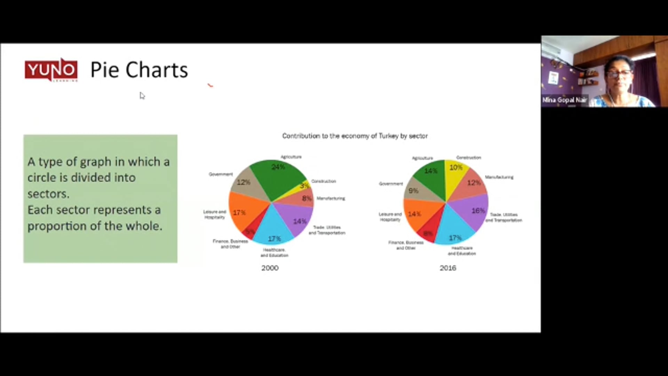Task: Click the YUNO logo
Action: [x=51, y=70]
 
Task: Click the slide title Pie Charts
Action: [x=139, y=70]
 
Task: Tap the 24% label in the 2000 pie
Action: [x=278, y=167]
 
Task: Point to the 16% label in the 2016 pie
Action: [x=478, y=211]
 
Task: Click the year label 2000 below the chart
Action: [x=270, y=268]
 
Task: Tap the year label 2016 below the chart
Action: [x=448, y=268]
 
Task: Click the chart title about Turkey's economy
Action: [x=355, y=136]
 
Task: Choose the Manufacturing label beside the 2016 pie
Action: [x=499, y=177]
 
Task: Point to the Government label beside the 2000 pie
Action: [x=221, y=174]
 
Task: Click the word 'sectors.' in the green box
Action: [x=48, y=194]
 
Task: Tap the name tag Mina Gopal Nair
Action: [x=564, y=100]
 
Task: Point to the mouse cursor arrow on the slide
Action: [x=142, y=95]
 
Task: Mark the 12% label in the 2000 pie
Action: [x=243, y=182]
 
